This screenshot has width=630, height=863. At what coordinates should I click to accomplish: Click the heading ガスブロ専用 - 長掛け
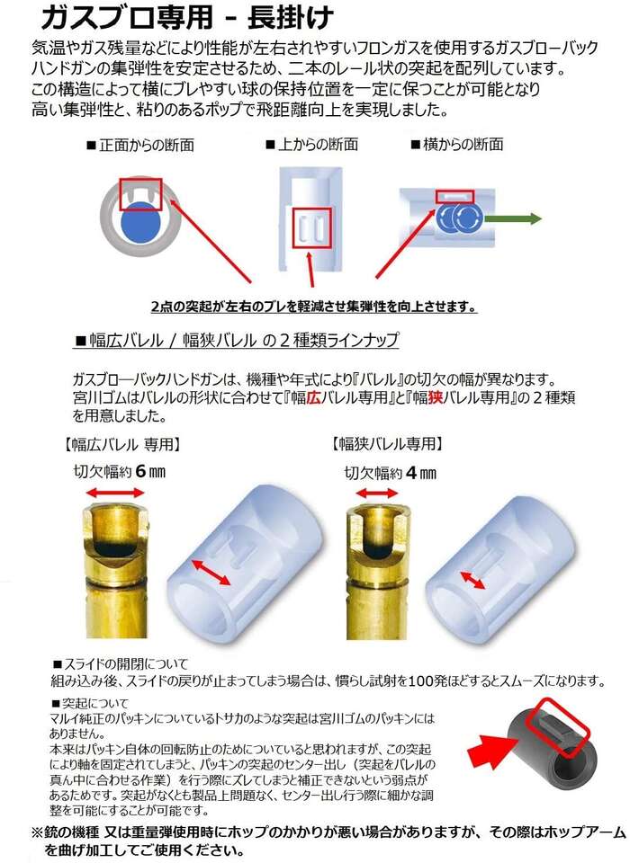(x=186, y=17)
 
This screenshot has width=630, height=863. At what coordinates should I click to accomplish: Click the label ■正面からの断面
(x=140, y=146)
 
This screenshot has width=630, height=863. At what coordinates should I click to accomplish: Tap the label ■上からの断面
(x=312, y=145)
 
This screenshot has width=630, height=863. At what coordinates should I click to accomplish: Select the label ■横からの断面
(x=457, y=145)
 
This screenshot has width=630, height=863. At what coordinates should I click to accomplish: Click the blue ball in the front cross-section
(x=140, y=222)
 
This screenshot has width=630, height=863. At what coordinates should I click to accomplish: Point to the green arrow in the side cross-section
(x=513, y=218)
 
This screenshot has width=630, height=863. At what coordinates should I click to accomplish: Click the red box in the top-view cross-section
(x=312, y=227)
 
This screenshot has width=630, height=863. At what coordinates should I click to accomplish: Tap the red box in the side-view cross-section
(x=454, y=197)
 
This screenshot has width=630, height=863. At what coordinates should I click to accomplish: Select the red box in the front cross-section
(x=140, y=194)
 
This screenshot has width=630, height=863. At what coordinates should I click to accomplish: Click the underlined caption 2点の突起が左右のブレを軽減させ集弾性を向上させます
(x=314, y=307)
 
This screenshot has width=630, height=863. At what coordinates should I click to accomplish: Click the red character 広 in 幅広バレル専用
(x=313, y=397)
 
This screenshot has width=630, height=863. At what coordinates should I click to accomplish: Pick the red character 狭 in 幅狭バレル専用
(x=436, y=397)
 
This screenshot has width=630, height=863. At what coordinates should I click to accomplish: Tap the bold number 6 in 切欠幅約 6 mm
(x=141, y=472)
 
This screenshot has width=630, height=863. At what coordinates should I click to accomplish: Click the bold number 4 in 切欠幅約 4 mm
(x=411, y=473)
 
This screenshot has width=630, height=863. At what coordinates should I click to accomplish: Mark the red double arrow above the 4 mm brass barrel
(x=376, y=494)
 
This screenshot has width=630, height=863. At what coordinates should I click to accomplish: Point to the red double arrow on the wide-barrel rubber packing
(x=211, y=572)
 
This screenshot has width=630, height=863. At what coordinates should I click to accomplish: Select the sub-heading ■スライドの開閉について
(x=121, y=663)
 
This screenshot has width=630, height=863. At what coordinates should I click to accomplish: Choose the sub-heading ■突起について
(x=90, y=703)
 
